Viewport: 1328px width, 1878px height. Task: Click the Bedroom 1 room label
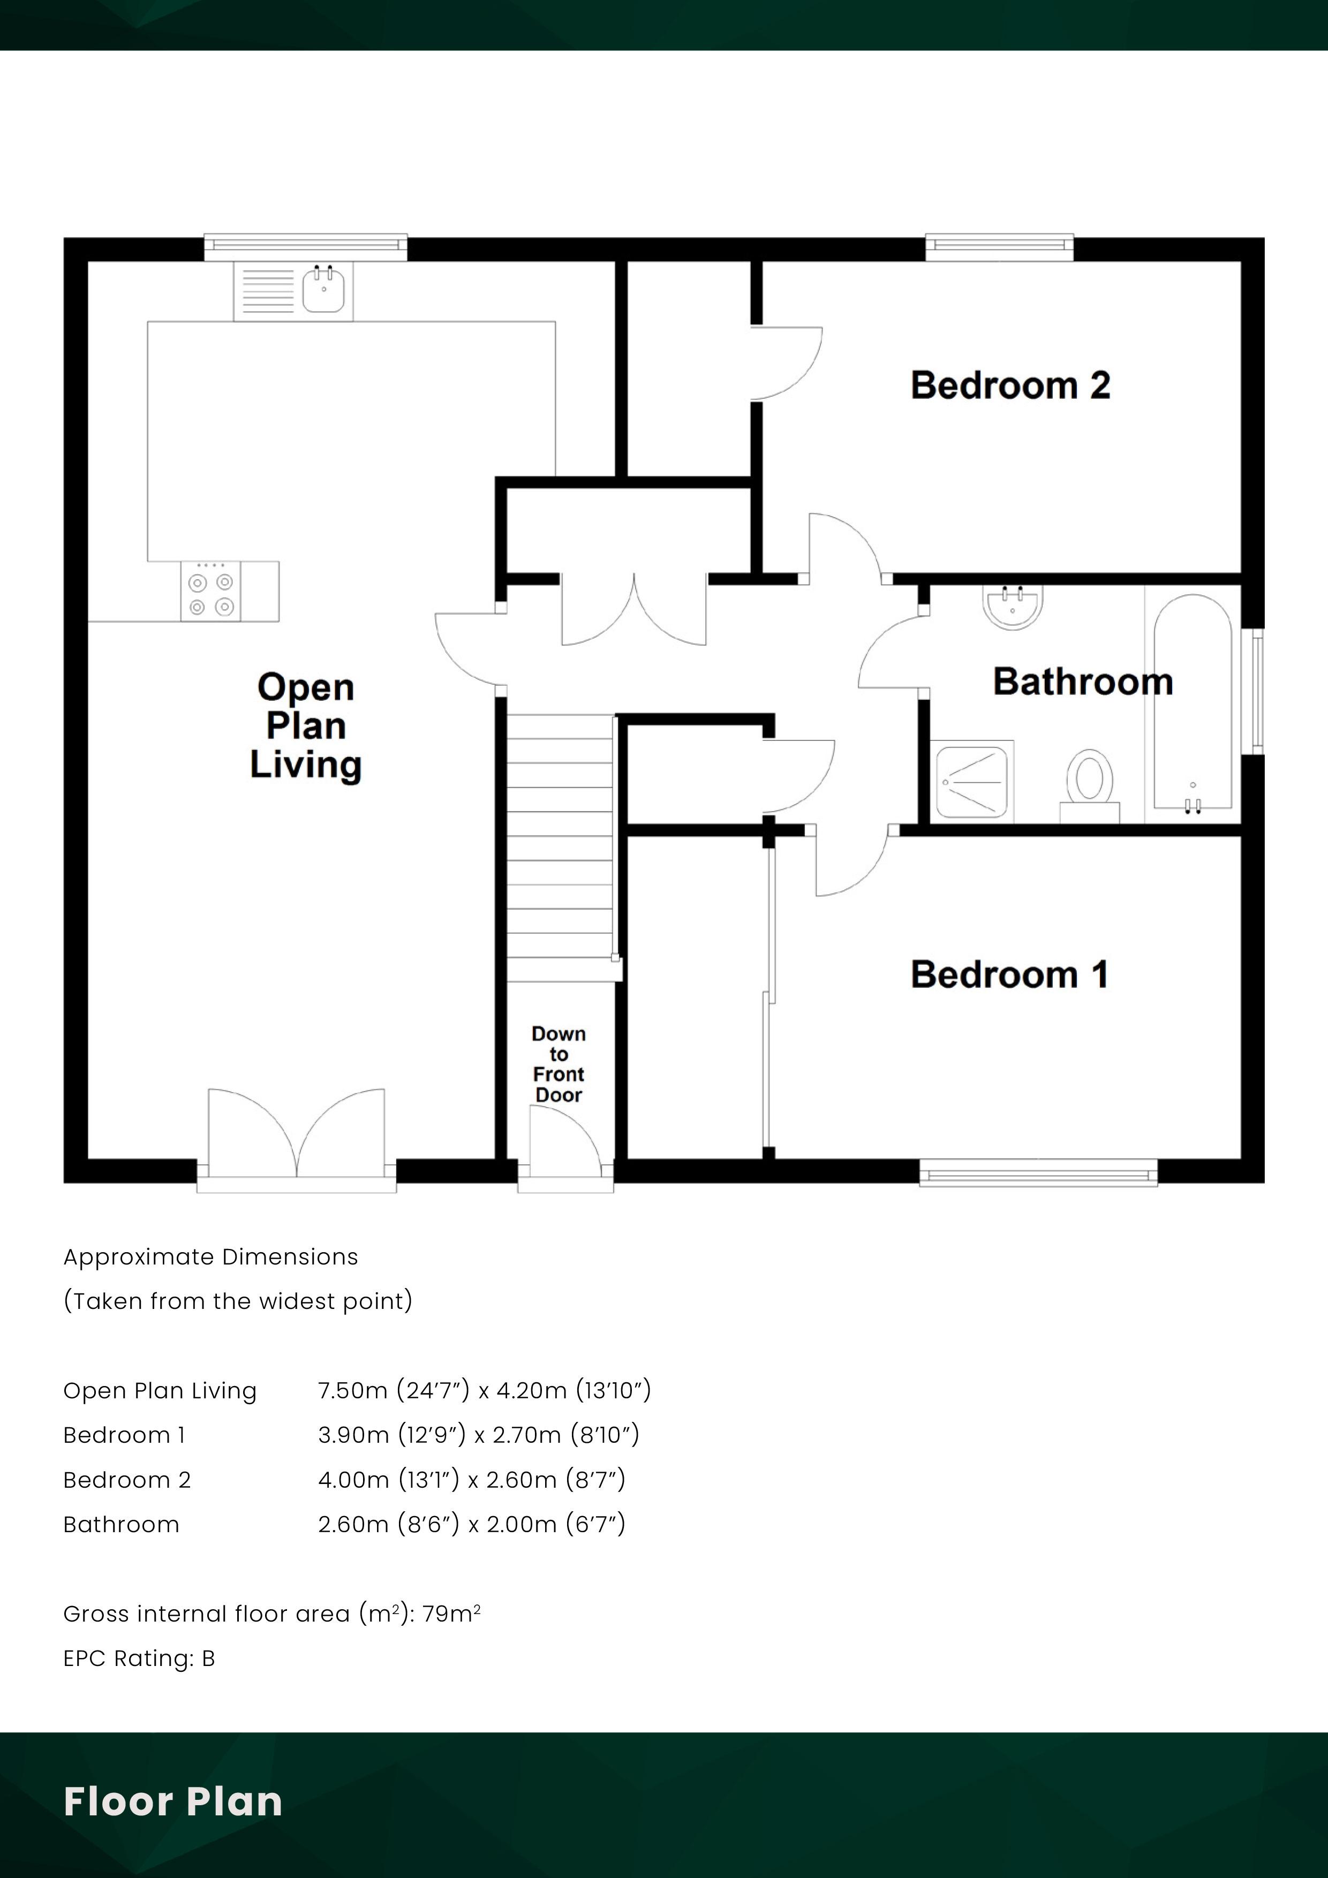click(1010, 974)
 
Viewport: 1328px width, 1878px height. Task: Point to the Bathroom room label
click(1083, 681)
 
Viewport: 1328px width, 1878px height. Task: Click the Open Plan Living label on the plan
click(305, 726)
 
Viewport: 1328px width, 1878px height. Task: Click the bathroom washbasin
click(1013, 607)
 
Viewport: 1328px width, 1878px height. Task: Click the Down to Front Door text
click(559, 1064)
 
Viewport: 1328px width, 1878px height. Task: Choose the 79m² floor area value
click(451, 1614)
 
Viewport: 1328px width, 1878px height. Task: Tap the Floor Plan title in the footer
click(172, 1801)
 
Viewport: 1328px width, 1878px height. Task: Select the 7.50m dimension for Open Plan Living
click(353, 1390)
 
